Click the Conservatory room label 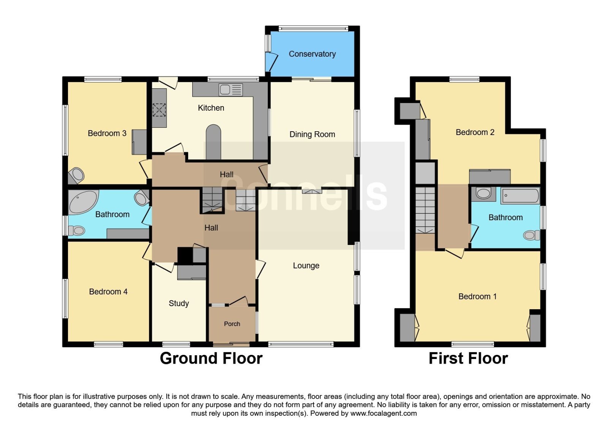(x=312, y=54)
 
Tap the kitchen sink (x=230, y=90)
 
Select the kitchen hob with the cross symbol (x=159, y=110)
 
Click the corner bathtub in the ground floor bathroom (x=83, y=201)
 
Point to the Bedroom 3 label (x=107, y=134)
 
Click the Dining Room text (x=312, y=135)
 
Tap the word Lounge (x=306, y=266)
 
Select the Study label (x=179, y=304)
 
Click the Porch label (x=232, y=324)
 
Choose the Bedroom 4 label (x=108, y=292)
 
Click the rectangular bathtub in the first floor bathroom (x=520, y=196)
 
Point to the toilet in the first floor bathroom (x=532, y=235)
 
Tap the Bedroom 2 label (x=475, y=132)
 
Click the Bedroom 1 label (x=477, y=296)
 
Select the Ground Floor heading (x=211, y=358)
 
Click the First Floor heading (x=468, y=358)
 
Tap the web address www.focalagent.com (x=383, y=413)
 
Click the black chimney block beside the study (x=185, y=255)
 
